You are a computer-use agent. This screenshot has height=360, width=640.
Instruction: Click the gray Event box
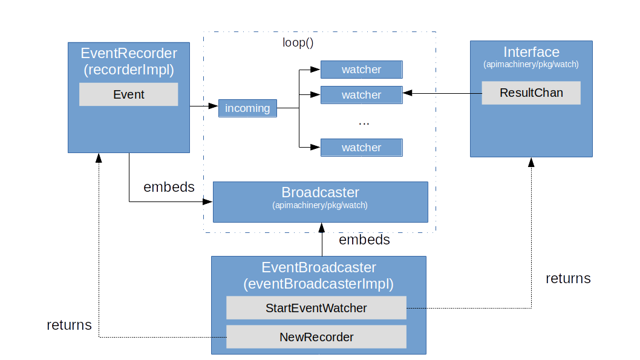tap(128, 94)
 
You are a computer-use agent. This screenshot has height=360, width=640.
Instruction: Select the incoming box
tap(247, 108)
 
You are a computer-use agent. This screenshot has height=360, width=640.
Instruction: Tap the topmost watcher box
tap(361, 70)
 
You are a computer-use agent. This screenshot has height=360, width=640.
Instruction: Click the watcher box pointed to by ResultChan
tap(361, 95)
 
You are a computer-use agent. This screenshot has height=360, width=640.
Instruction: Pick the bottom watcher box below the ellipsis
tap(361, 148)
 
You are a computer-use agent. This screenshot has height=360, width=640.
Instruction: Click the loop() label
tap(298, 43)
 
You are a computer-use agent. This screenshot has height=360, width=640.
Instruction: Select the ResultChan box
tap(531, 93)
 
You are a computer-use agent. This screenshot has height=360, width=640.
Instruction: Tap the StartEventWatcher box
tap(316, 308)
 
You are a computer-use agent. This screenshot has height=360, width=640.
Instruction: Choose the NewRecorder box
tap(316, 337)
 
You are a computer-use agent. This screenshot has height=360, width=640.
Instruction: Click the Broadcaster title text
tap(320, 192)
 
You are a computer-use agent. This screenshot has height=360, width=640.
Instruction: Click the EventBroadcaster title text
tap(318, 267)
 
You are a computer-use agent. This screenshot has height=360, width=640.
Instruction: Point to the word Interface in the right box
tap(531, 52)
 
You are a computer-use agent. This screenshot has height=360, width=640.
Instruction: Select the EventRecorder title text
tap(128, 53)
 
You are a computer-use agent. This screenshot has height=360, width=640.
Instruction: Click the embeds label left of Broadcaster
tap(169, 187)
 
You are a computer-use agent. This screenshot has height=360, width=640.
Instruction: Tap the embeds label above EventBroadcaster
tap(364, 240)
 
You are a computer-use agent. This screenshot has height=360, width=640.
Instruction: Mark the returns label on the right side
tap(567, 278)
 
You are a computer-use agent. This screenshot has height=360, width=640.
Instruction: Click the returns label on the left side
tap(69, 325)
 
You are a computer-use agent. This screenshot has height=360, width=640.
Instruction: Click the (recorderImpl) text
tap(128, 70)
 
